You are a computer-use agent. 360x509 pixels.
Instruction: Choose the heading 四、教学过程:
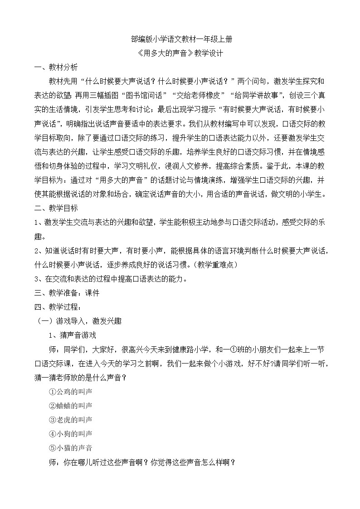click(60, 307)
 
